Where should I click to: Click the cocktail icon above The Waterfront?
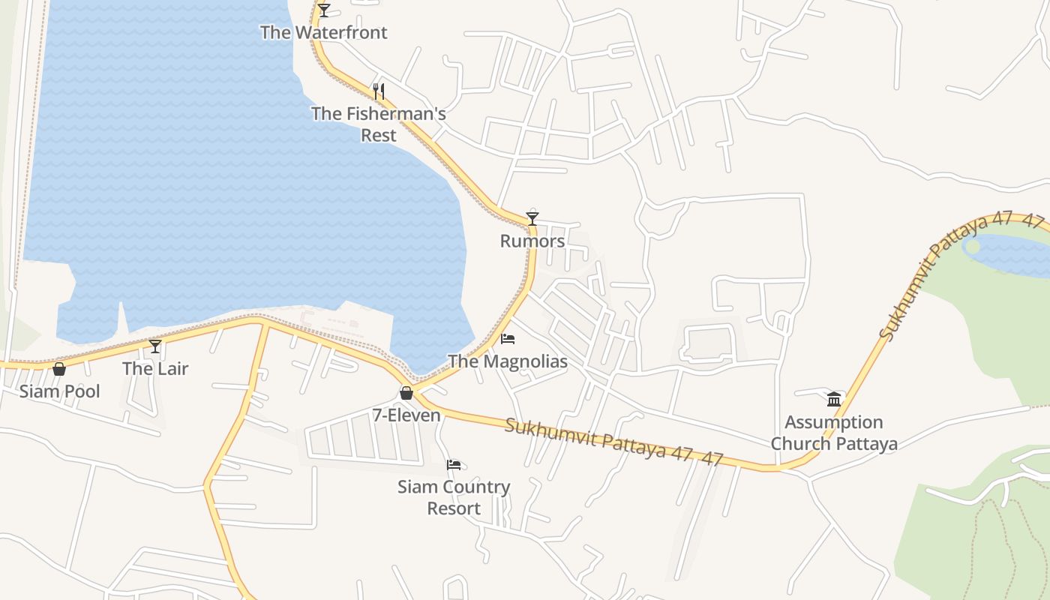(324, 10)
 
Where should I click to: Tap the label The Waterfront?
(324, 32)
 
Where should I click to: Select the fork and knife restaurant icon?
(379, 91)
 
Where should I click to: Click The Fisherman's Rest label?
(379, 124)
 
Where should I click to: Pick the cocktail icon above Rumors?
(532, 219)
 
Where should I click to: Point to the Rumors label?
(532, 241)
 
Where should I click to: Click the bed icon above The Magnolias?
(508, 339)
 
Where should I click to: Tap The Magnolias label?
(508, 361)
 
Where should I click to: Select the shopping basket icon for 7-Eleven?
(406, 393)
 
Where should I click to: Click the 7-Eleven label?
(406, 415)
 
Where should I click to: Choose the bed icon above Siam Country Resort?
(454, 465)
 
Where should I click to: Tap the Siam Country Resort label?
(454, 497)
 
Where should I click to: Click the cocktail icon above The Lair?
(155, 346)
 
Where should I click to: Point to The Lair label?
(155, 368)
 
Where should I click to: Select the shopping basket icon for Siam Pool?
(59, 369)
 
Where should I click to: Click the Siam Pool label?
(59, 391)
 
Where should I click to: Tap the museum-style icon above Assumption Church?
(834, 399)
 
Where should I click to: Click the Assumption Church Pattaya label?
(834, 433)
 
